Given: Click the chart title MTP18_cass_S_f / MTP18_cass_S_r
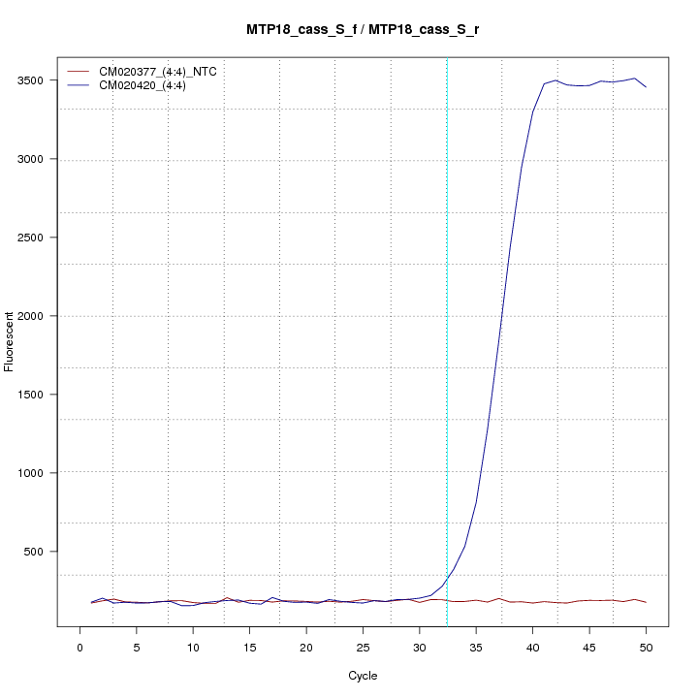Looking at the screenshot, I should point(363,30).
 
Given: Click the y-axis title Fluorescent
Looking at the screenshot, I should point(11,341).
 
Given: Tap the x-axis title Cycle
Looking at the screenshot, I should point(363,676).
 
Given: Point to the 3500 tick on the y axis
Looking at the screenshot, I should point(40,80).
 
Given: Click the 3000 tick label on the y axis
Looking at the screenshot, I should point(40,159).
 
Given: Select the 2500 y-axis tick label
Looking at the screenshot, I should point(40,238).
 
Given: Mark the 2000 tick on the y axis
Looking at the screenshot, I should point(40,316).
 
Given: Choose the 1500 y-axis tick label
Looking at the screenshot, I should point(40,395).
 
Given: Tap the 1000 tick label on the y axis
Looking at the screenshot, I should point(40,473).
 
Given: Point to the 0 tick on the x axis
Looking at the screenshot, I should point(80,647).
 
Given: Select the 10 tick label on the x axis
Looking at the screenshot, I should point(193,647).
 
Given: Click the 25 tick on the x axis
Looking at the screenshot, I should point(363,647).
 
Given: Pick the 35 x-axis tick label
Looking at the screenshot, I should point(476,647).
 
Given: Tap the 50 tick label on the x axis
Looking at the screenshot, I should point(646,647).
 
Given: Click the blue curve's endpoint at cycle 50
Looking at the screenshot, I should point(646,87).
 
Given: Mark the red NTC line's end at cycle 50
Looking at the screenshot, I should point(646,603).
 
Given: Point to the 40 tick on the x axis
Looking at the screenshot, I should point(532,647).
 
